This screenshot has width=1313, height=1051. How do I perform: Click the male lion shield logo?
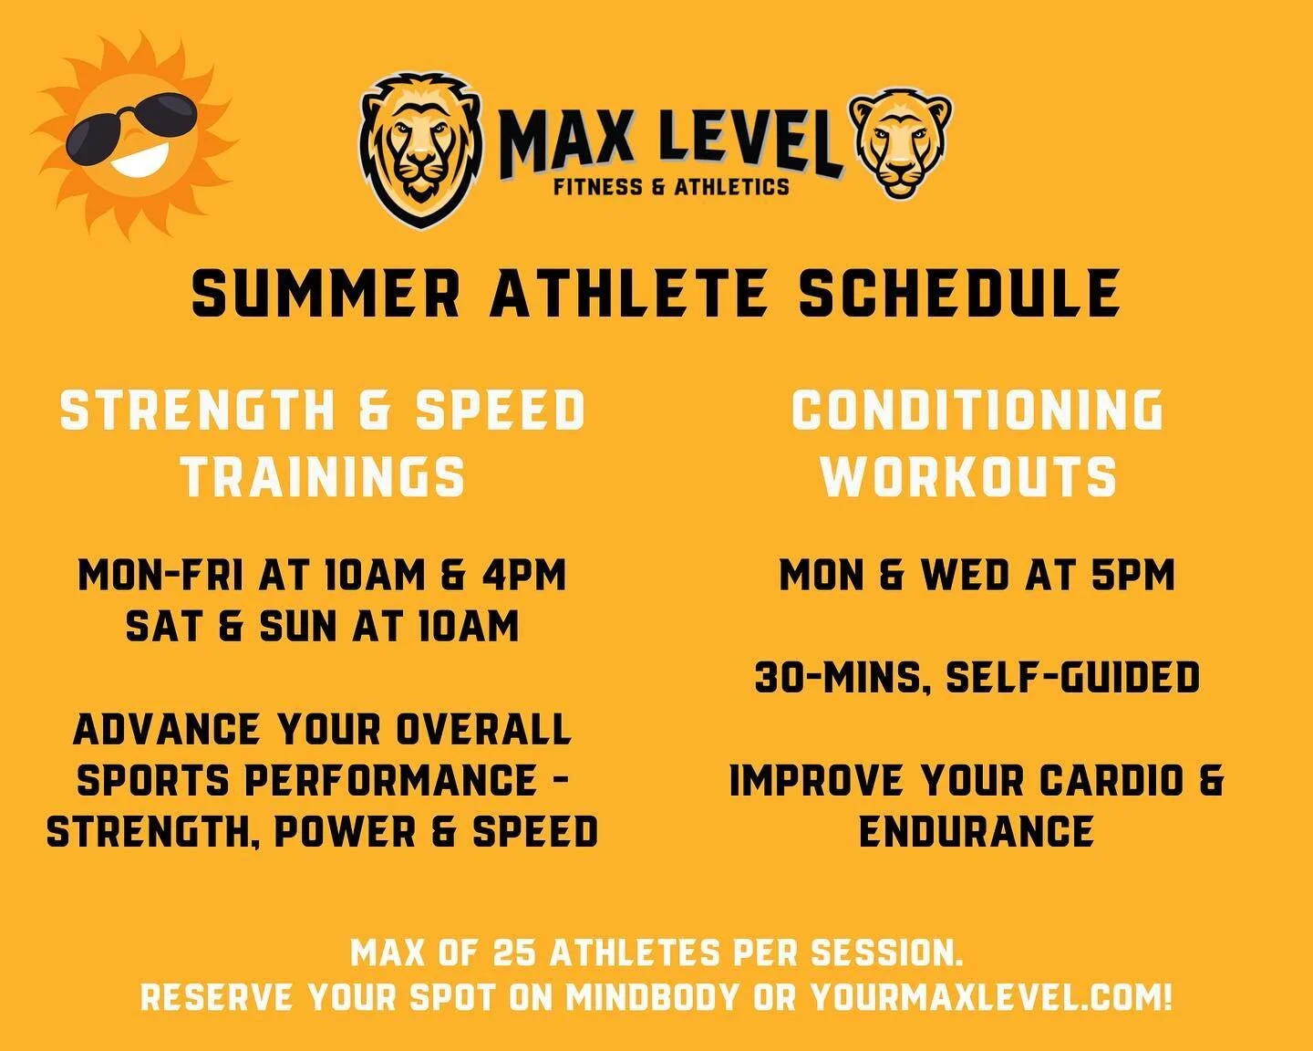point(419,151)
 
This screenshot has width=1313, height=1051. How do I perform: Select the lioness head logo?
point(900,144)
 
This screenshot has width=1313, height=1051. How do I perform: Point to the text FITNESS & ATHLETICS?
point(671,187)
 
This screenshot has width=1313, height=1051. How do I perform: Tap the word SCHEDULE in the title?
point(959,294)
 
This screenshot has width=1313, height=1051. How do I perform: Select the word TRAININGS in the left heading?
point(323,477)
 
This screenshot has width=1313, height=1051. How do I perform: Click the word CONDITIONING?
point(977,410)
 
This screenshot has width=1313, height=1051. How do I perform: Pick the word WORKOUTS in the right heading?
point(968,477)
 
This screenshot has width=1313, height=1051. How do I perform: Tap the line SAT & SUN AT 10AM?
point(322,627)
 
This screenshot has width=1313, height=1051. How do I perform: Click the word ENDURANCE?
point(976,831)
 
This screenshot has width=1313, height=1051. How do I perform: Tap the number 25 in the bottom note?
point(516,953)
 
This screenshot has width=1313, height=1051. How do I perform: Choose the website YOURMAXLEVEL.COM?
point(989,997)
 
